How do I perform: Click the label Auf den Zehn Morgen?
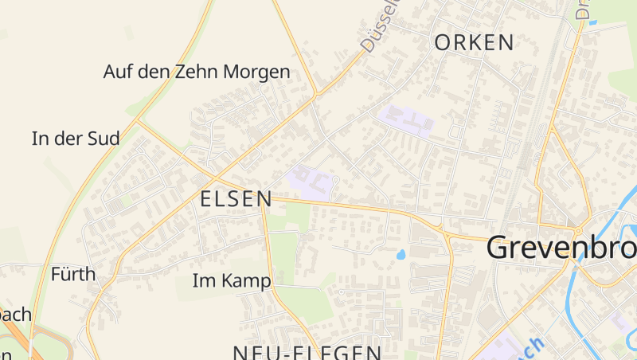(197, 72)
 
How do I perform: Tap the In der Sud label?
(76, 139)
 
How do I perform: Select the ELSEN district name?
(236, 199)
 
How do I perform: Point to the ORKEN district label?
(475, 43)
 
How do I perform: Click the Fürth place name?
(72, 275)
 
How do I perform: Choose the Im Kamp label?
(232, 281)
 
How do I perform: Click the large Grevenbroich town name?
(561, 248)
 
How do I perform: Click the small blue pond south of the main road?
(400, 255)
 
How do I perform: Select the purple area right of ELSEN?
(311, 182)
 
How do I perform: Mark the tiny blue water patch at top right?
(592, 22)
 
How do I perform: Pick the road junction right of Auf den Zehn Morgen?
(316, 93)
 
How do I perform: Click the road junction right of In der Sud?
(138, 121)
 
